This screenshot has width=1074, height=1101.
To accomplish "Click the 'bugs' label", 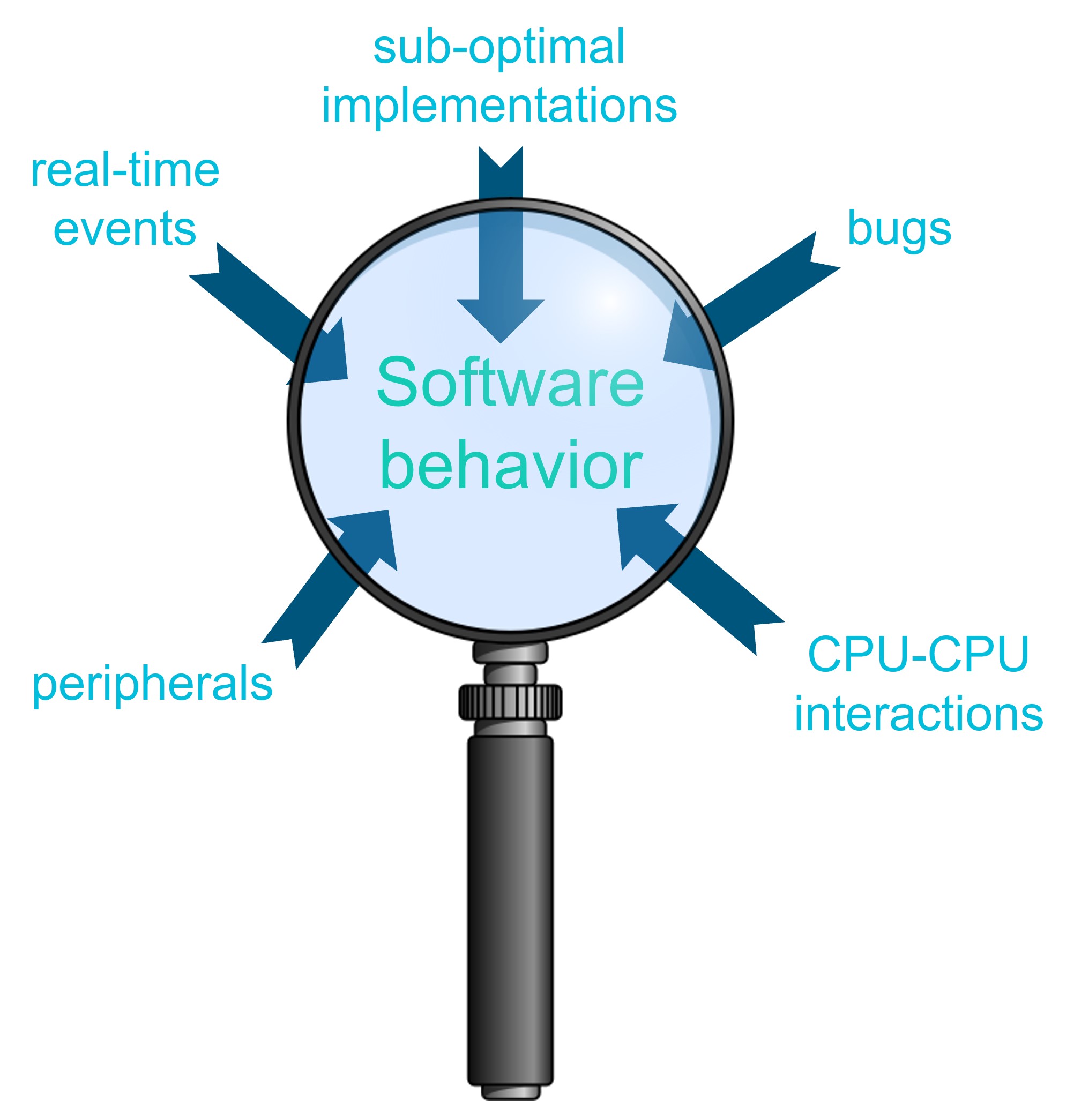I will [899, 229].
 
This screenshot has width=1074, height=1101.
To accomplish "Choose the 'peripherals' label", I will [152, 684].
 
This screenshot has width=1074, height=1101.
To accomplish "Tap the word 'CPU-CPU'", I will [919, 654].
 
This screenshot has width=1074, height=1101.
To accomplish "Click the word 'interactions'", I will [919, 714].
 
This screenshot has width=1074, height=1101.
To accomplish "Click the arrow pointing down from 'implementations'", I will [501, 254].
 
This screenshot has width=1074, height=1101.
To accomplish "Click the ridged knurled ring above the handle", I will [510, 702].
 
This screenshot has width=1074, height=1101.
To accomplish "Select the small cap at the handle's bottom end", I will [510, 1092].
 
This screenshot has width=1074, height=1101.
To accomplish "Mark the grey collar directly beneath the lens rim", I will [510, 652].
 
